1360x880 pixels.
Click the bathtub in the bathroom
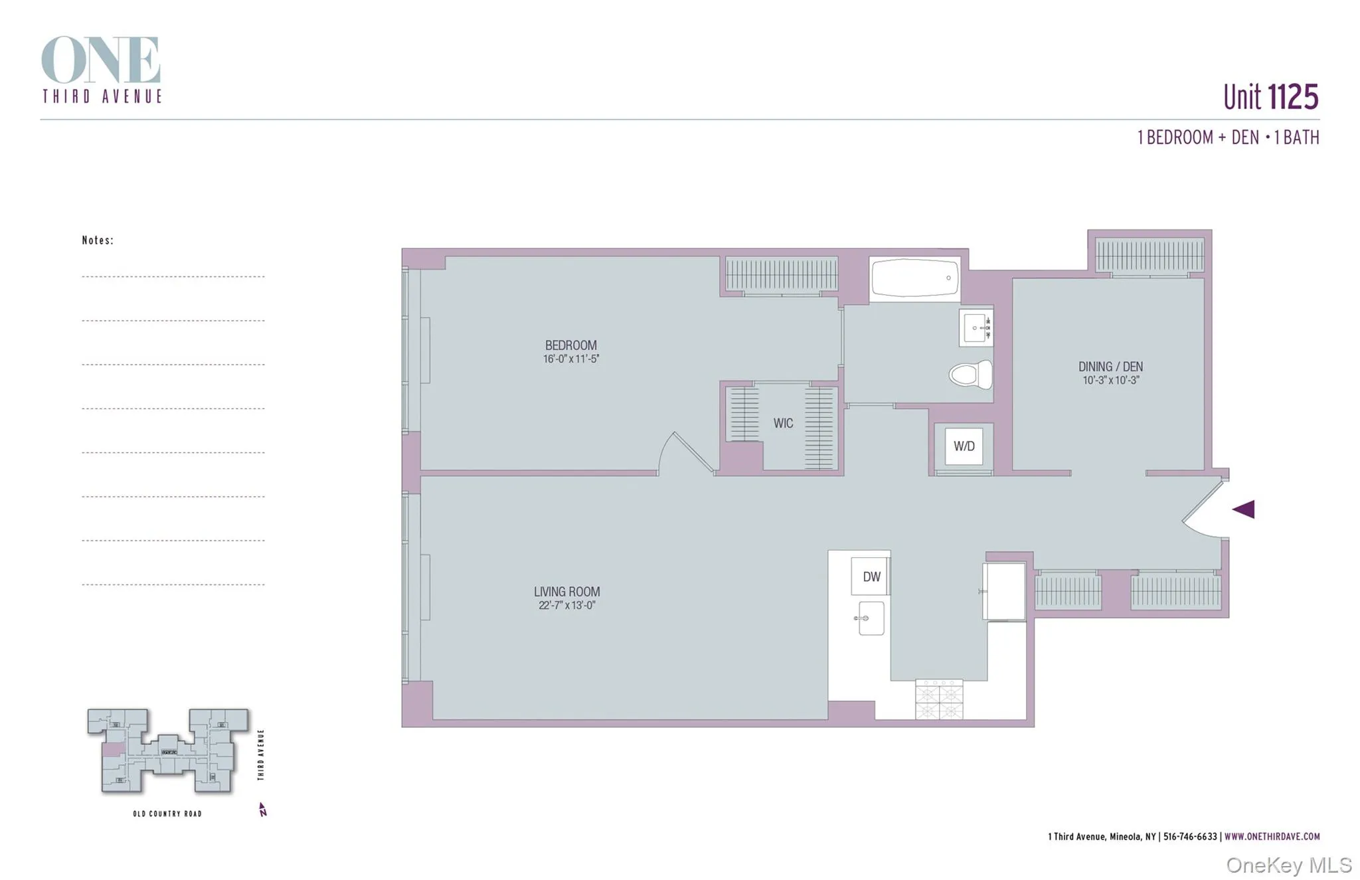914,278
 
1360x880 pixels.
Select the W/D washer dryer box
964,446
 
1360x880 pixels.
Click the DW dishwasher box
871,576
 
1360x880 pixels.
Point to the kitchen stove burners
939,699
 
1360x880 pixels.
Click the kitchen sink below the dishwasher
871,618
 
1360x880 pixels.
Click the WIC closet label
783,423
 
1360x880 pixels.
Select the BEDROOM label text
570,345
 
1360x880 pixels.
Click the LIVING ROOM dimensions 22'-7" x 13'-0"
566,606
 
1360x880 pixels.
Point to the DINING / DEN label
1110,366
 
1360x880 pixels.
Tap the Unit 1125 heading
1270,97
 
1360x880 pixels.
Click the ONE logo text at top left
101,60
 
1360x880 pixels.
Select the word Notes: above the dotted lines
98,240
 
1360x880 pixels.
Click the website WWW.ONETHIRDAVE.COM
1272,837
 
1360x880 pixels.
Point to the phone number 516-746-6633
1190,837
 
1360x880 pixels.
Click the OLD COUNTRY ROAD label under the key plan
167,814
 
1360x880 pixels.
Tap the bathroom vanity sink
975,327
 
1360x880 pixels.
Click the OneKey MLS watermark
1288,865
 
